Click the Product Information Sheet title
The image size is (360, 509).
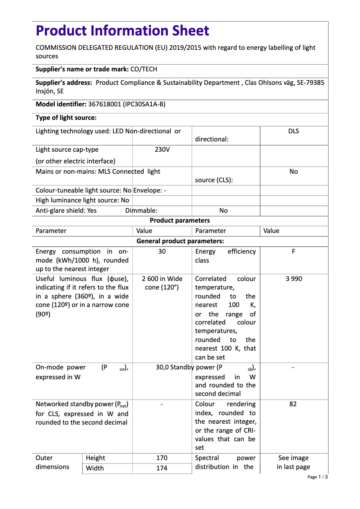(122, 31)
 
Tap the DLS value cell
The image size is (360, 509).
(294, 131)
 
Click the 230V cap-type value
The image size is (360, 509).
(162, 149)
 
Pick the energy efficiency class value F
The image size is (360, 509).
(294, 251)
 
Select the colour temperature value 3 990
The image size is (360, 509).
(294, 279)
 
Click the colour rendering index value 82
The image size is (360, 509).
(293, 404)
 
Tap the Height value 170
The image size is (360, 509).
(162, 458)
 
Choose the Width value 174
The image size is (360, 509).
(162, 468)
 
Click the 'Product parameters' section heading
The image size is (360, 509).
(180, 220)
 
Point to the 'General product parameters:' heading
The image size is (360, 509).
(180, 241)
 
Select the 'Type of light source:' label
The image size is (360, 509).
(66, 118)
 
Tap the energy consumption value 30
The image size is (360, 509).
(162, 251)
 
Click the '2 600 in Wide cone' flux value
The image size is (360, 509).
(162, 283)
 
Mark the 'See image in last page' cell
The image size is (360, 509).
(294, 462)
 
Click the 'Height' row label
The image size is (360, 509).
(95, 458)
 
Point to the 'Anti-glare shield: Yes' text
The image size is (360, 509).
(66, 211)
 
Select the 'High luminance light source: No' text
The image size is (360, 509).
(82, 200)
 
